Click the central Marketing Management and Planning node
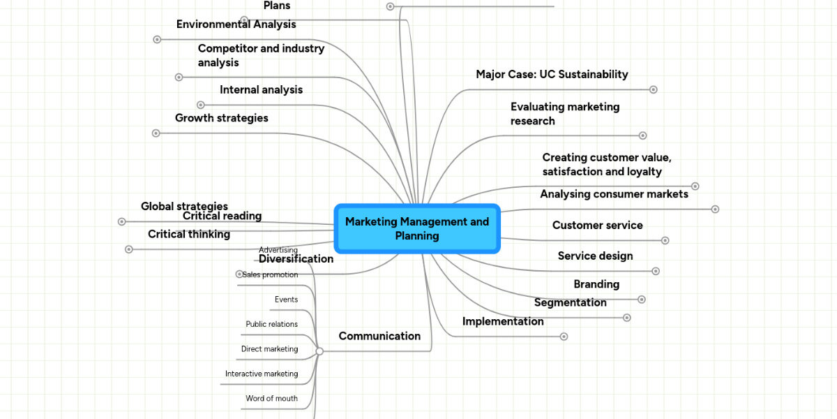tap(417, 228)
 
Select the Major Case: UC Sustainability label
tap(552, 74)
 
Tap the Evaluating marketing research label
tap(565, 114)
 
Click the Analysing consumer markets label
tap(614, 194)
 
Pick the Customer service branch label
tap(597, 226)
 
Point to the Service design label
tap(595, 256)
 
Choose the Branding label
tap(596, 284)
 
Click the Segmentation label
tap(570, 302)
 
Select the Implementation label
tap(503, 321)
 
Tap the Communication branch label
tap(379, 336)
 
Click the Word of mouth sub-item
tap(271, 399)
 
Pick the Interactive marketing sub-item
tap(262, 374)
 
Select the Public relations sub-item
tap(271, 324)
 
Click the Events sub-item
tap(286, 300)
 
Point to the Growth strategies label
tap(221, 118)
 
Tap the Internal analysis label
tap(261, 89)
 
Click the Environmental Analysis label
tap(236, 24)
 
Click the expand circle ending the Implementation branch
tap(564, 337)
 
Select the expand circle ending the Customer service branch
tap(665, 240)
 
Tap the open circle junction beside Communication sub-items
tap(319, 351)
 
